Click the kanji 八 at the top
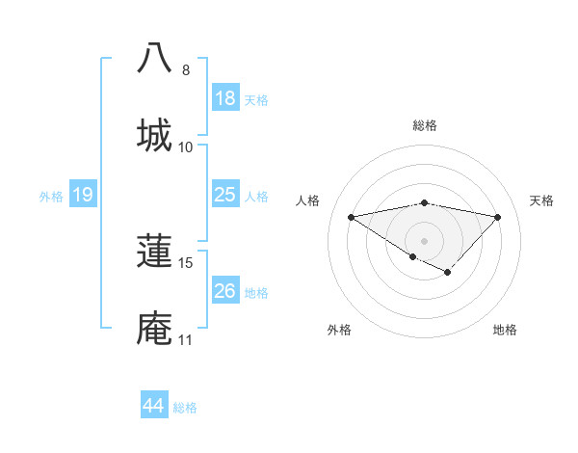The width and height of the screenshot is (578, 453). pos(154,59)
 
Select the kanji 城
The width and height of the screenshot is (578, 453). pos(154,134)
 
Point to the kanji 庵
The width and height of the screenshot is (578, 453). pos(154,328)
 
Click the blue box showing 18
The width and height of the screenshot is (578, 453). pos(224,98)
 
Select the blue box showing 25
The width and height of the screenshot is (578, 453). pos(224,196)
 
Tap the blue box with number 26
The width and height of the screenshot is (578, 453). pos(224,292)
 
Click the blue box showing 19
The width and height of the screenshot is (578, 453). pos(82,196)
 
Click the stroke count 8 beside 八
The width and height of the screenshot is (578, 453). pos(186,70)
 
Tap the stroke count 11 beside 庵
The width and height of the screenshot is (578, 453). pos(186,339)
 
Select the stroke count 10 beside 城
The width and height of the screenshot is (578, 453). pos(186,147)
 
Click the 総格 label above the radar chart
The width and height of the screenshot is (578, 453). pos(424,125)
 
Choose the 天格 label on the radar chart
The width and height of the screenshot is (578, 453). pos(541,200)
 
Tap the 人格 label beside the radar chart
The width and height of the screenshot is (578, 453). pos(308,200)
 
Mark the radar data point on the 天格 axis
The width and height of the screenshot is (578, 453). pos(497,217)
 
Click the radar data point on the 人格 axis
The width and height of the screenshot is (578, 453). pos(352,216)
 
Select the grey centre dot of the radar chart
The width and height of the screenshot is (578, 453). pos(424,240)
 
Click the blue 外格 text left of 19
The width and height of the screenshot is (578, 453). pos(51,197)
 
